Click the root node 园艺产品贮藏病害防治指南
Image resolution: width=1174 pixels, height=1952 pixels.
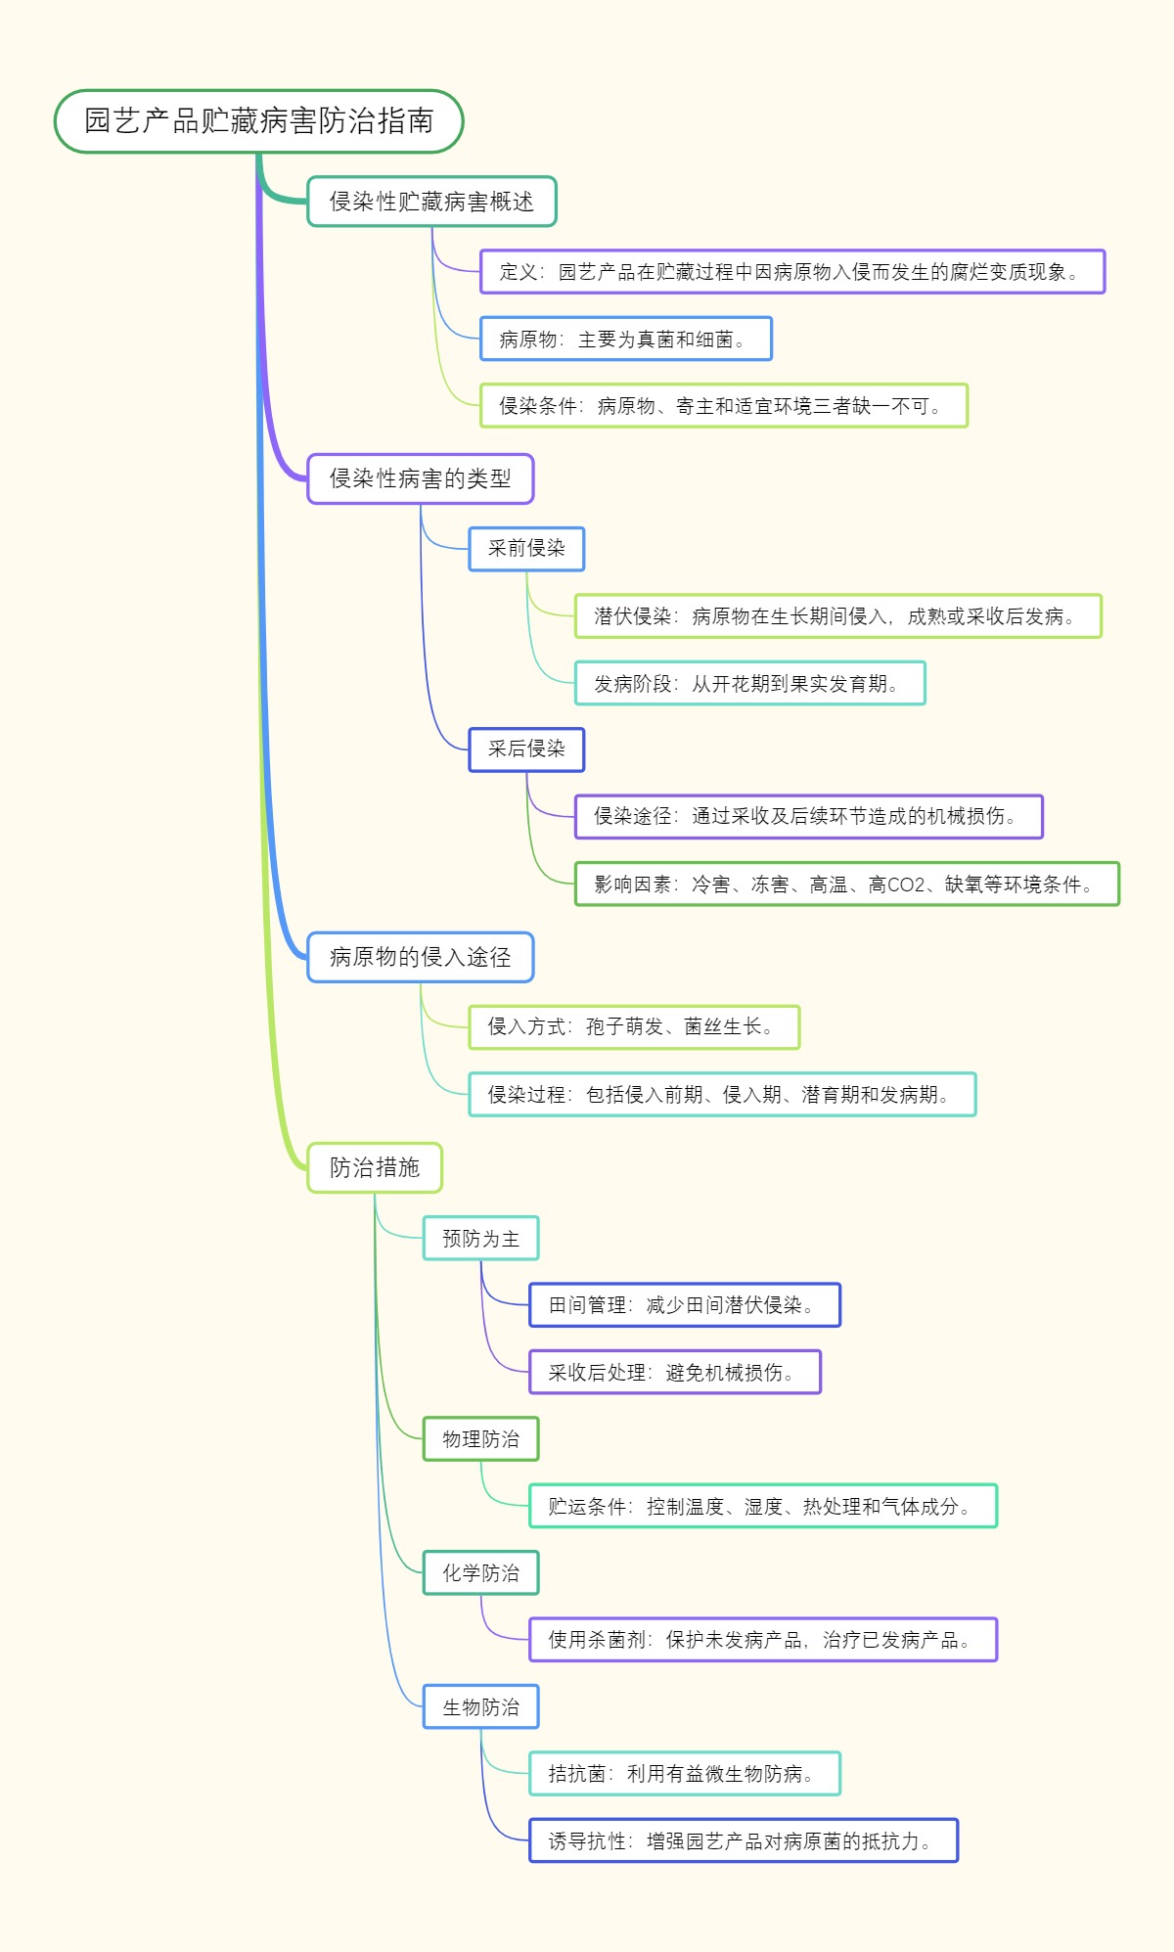pos(258,121)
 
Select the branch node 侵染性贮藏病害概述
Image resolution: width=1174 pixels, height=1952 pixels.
pos(431,202)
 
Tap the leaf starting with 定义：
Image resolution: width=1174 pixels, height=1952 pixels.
pos(791,272)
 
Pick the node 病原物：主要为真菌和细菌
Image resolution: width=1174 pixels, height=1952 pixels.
pos(625,340)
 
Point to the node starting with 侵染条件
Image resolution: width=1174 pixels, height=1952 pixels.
pos(723,406)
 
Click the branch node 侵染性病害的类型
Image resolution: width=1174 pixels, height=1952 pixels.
pos(420,478)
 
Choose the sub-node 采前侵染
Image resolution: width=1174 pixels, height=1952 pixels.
pos(526,549)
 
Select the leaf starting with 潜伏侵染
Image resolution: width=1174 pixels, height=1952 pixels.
pos(837,616)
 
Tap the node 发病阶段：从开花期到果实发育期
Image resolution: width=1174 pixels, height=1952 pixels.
pos(749,684)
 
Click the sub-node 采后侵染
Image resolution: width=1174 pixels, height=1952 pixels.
pos(526,749)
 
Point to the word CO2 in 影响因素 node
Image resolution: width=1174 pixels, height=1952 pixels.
pos(905,885)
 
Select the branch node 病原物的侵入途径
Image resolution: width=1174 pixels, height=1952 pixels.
pos(420,957)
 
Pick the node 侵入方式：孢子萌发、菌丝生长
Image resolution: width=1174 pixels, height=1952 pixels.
pos(634,1027)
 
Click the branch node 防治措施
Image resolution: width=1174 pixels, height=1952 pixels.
pos(375,1167)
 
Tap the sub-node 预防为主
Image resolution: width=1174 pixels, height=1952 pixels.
pos(480,1239)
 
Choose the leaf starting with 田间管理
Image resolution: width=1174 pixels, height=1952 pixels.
pos(684,1305)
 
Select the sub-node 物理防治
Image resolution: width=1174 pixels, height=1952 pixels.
pos(480,1439)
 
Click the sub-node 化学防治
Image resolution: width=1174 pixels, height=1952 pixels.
pos(480,1573)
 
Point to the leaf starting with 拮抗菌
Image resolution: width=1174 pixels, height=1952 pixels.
pos(684,1774)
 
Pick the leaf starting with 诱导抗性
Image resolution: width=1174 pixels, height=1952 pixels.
pos(743,1841)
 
